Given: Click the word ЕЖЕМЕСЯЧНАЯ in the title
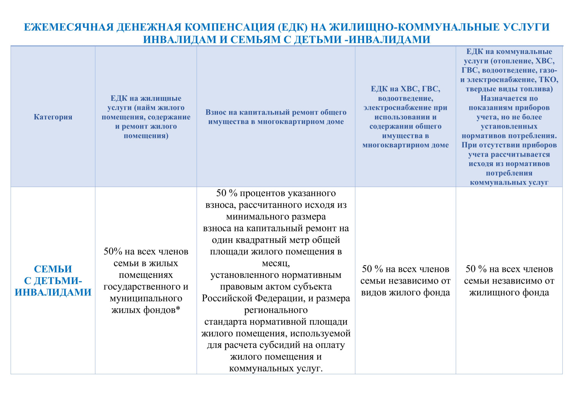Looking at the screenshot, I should (x=69, y=27).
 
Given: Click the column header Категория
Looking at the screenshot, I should (x=53, y=117).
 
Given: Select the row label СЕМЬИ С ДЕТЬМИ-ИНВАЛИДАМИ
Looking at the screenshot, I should (x=53, y=281).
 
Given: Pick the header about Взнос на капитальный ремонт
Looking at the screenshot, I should (x=276, y=117).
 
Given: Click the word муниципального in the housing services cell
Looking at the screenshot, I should (x=146, y=298).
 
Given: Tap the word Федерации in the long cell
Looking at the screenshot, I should (x=279, y=298).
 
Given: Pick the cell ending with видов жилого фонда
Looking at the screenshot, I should (x=405, y=281).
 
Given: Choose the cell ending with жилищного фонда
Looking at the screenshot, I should (x=509, y=281).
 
